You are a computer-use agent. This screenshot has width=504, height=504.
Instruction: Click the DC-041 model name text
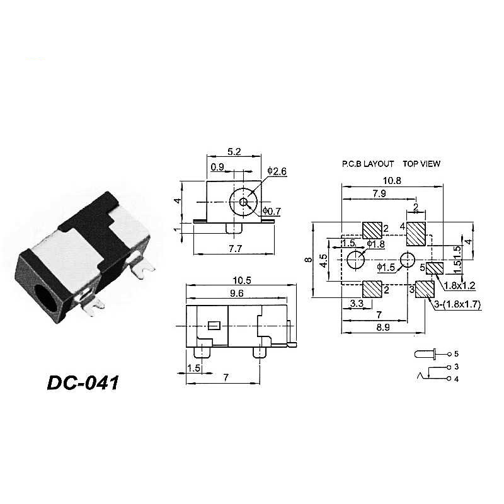tap(83, 383)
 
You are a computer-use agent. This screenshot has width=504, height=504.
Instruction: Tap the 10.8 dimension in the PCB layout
tap(392, 181)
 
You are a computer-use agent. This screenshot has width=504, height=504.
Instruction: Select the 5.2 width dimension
tap(234, 151)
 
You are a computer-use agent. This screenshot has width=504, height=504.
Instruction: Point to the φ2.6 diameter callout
tap(277, 171)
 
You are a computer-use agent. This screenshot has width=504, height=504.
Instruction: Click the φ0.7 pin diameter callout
tap(272, 211)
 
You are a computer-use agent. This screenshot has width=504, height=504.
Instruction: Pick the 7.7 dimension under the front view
tap(235, 248)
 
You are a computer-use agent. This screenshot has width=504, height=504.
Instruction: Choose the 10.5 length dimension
tap(242, 280)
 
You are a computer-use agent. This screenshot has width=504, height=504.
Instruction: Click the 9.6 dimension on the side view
tap(237, 293)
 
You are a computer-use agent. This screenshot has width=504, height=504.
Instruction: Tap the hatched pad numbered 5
tap(435, 268)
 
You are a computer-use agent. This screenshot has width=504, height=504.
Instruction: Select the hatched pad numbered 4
tap(416, 234)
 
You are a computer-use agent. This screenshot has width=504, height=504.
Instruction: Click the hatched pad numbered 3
tap(425, 289)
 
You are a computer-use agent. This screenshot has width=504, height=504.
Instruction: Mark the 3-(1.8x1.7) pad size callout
tap(458, 304)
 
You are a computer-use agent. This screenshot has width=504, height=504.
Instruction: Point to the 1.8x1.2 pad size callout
tap(459, 285)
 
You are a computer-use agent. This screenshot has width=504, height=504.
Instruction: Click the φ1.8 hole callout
tap(375, 244)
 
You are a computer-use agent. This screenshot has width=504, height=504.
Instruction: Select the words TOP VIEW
tap(421, 164)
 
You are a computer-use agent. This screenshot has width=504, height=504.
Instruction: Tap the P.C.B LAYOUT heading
tap(368, 164)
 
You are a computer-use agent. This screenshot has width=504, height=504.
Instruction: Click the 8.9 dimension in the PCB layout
tap(383, 327)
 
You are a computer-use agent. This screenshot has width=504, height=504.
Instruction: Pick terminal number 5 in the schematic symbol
tap(456, 354)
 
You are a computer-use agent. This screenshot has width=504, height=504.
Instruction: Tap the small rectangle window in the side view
tap(214, 325)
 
